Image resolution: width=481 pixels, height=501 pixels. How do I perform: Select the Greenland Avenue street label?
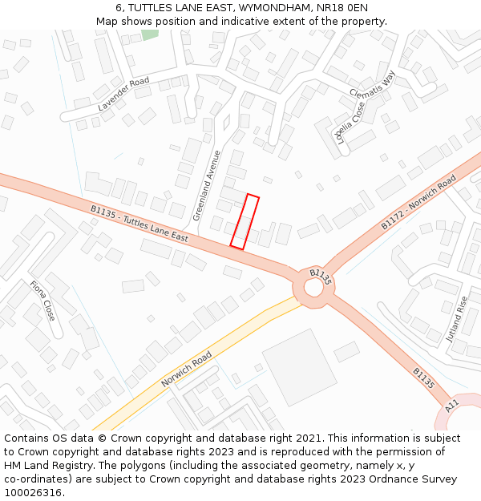point(206,185)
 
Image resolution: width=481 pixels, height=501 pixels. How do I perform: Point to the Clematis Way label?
point(373,87)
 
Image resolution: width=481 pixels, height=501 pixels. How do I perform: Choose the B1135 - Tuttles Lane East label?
point(139,224)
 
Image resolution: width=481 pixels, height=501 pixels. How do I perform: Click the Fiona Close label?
point(42,300)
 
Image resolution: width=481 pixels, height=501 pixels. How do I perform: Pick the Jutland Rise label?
point(456,319)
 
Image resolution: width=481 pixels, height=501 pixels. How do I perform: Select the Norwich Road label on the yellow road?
point(187,368)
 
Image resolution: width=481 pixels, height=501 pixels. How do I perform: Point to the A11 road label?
point(451,406)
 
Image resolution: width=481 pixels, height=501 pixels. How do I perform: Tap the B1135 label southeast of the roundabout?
point(423,378)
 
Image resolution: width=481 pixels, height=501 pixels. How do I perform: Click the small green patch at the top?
point(150,34)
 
